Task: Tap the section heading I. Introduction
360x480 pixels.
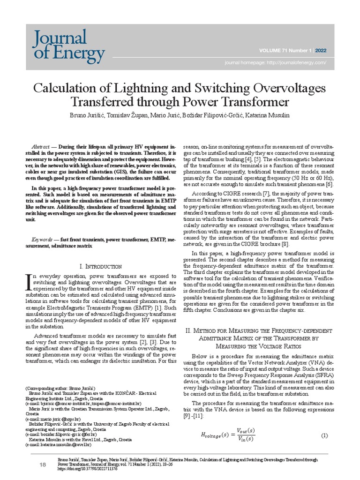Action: tap(101, 266)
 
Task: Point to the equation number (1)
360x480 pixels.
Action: tap(324, 436)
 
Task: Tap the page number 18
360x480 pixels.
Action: tap(43, 464)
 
